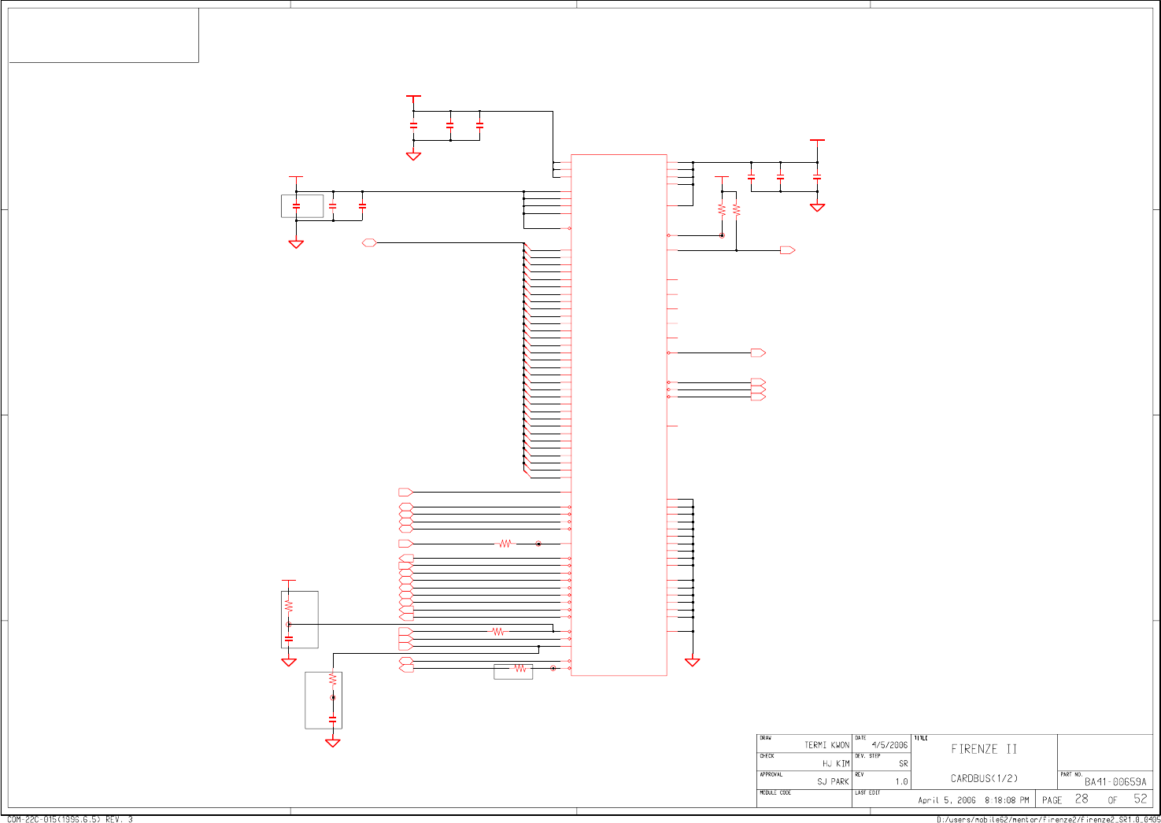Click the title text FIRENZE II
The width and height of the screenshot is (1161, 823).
pyautogui.click(x=984, y=749)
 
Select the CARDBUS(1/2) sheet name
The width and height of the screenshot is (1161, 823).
pyautogui.click(x=984, y=778)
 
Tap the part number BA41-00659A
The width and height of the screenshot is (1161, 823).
pyautogui.click(x=1115, y=781)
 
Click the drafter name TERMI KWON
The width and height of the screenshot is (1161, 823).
pyautogui.click(x=826, y=744)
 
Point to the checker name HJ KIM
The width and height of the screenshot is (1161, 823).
pyautogui.click(x=836, y=763)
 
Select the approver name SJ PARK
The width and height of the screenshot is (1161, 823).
pyautogui.click(x=833, y=781)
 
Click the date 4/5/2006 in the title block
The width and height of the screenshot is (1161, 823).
pyautogui.click(x=889, y=744)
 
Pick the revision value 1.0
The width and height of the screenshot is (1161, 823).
pyautogui.click(x=901, y=781)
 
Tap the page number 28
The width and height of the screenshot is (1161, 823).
pyautogui.click(x=1082, y=799)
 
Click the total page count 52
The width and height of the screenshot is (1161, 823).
pyautogui.click(x=1141, y=799)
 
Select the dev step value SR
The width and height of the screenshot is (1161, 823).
pyautogui.click(x=903, y=763)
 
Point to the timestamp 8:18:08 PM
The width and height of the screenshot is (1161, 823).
pyautogui.click(x=1007, y=800)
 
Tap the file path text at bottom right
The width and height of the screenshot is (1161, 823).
pyautogui.click(x=1048, y=819)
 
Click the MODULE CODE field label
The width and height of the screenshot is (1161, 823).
pyautogui.click(x=775, y=793)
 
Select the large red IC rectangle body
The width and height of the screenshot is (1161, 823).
pyautogui.click(x=619, y=415)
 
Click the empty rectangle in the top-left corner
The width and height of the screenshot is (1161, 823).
pyautogui.click(x=103, y=35)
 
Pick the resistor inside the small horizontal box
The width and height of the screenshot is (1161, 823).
pyautogui.click(x=519, y=669)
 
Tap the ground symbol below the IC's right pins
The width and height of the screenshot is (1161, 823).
pyautogui.click(x=692, y=662)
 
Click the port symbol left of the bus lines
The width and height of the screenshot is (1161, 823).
pyautogui.click(x=369, y=243)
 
